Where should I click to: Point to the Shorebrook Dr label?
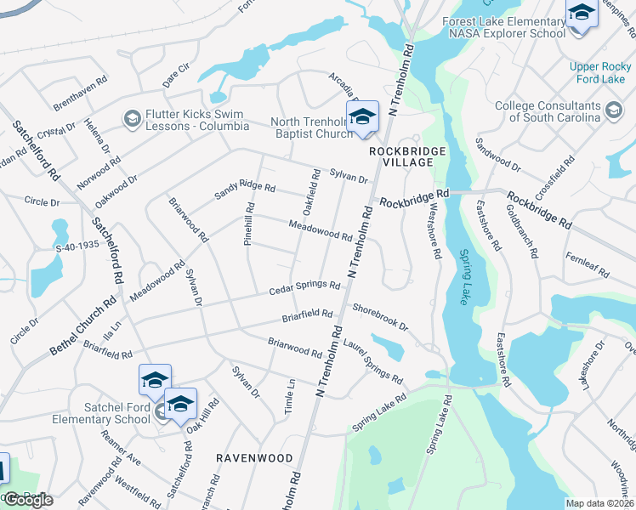point(380,317)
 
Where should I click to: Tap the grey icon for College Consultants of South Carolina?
point(614,110)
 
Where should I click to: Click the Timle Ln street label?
point(290,397)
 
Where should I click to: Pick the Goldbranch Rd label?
point(522,230)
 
